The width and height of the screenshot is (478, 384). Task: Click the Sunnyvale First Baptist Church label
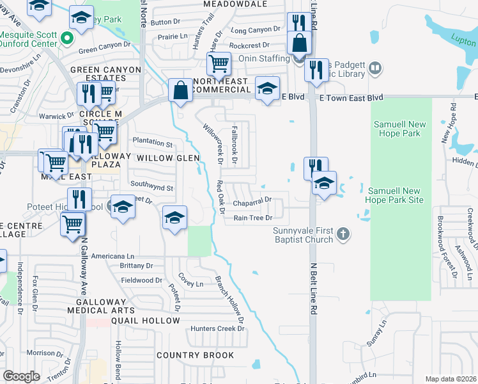pyautogui.click(x=303, y=235)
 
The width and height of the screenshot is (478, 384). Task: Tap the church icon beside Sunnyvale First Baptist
pyautogui.click(x=343, y=234)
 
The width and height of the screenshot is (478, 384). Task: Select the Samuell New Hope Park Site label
pyautogui.click(x=394, y=195)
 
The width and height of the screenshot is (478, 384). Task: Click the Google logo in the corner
pyautogui.click(x=21, y=376)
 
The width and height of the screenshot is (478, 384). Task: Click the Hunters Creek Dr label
pyautogui.click(x=218, y=328)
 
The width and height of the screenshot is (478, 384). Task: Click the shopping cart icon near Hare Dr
pyautogui.click(x=219, y=63)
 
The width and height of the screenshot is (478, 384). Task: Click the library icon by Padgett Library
pyautogui.click(x=374, y=67)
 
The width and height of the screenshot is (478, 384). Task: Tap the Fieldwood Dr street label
pyautogui.click(x=141, y=280)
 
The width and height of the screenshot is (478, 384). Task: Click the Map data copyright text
pyautogui.click(x=451, y=379)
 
